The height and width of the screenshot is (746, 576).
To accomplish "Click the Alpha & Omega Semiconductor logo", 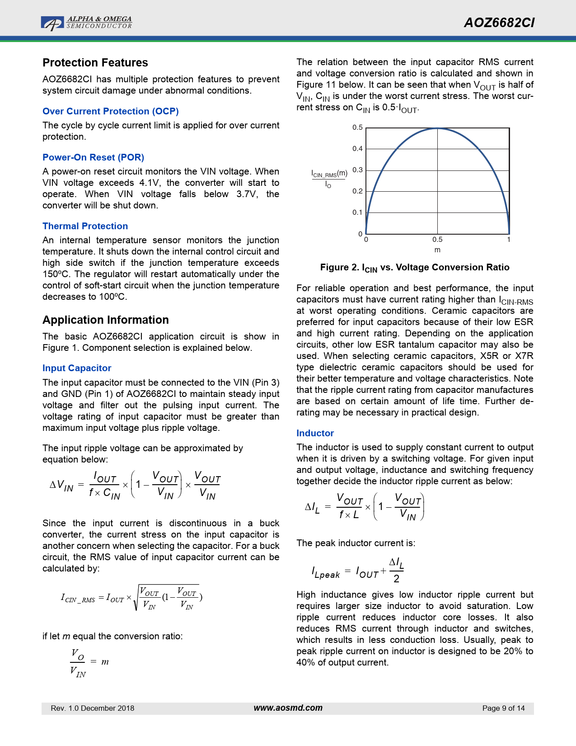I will [x=86, y=23].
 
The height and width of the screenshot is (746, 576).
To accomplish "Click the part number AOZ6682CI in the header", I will [x=499, y=23].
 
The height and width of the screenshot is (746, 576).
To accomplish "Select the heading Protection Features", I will [x=95, y=62].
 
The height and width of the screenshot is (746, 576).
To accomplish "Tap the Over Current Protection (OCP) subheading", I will [x=111, y=111].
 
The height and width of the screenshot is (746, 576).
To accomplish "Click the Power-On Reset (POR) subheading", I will [x=93, y=157].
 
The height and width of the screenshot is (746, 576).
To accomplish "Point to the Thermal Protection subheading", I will [x=85, y=226].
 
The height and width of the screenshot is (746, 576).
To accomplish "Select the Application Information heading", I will [x=106, y=320].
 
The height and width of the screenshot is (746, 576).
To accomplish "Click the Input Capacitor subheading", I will [x=77, y=368].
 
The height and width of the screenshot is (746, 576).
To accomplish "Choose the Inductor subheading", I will [x=315, y=433].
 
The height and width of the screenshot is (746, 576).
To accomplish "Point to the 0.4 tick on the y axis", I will [x=358, y=149].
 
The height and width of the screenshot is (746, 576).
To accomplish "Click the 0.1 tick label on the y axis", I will [x=358, y=212].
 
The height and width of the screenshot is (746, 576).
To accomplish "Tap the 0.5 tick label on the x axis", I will [x=437, y=240].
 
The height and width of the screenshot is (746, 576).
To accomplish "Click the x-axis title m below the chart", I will [x=437, y=250].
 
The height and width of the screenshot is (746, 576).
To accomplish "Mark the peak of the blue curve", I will [x=437, y=128].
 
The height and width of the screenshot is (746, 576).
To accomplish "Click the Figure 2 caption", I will [x=415, y=268].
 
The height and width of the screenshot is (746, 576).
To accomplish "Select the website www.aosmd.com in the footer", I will [x=288, y=708].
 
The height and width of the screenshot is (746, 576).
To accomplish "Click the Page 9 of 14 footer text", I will [x=503, y=708].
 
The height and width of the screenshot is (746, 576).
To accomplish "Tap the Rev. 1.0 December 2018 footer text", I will [x=93, y=708].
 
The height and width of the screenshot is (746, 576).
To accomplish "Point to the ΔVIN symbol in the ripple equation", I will [x=61, y=486].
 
